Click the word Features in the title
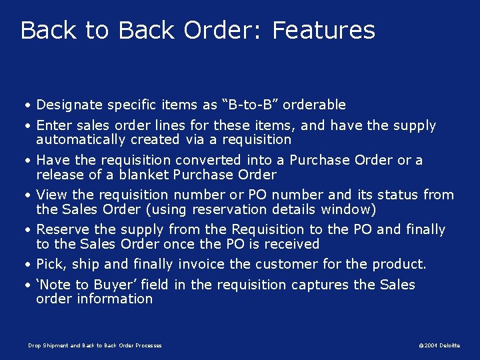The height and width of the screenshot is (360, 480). pos(324,31)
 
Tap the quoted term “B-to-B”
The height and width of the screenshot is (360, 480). pos(253,105)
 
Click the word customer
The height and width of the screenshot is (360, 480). pos(285,264)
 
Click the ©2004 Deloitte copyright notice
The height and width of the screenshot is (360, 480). pos(439,345)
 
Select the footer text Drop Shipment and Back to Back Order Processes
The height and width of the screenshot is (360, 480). pos(95,345)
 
